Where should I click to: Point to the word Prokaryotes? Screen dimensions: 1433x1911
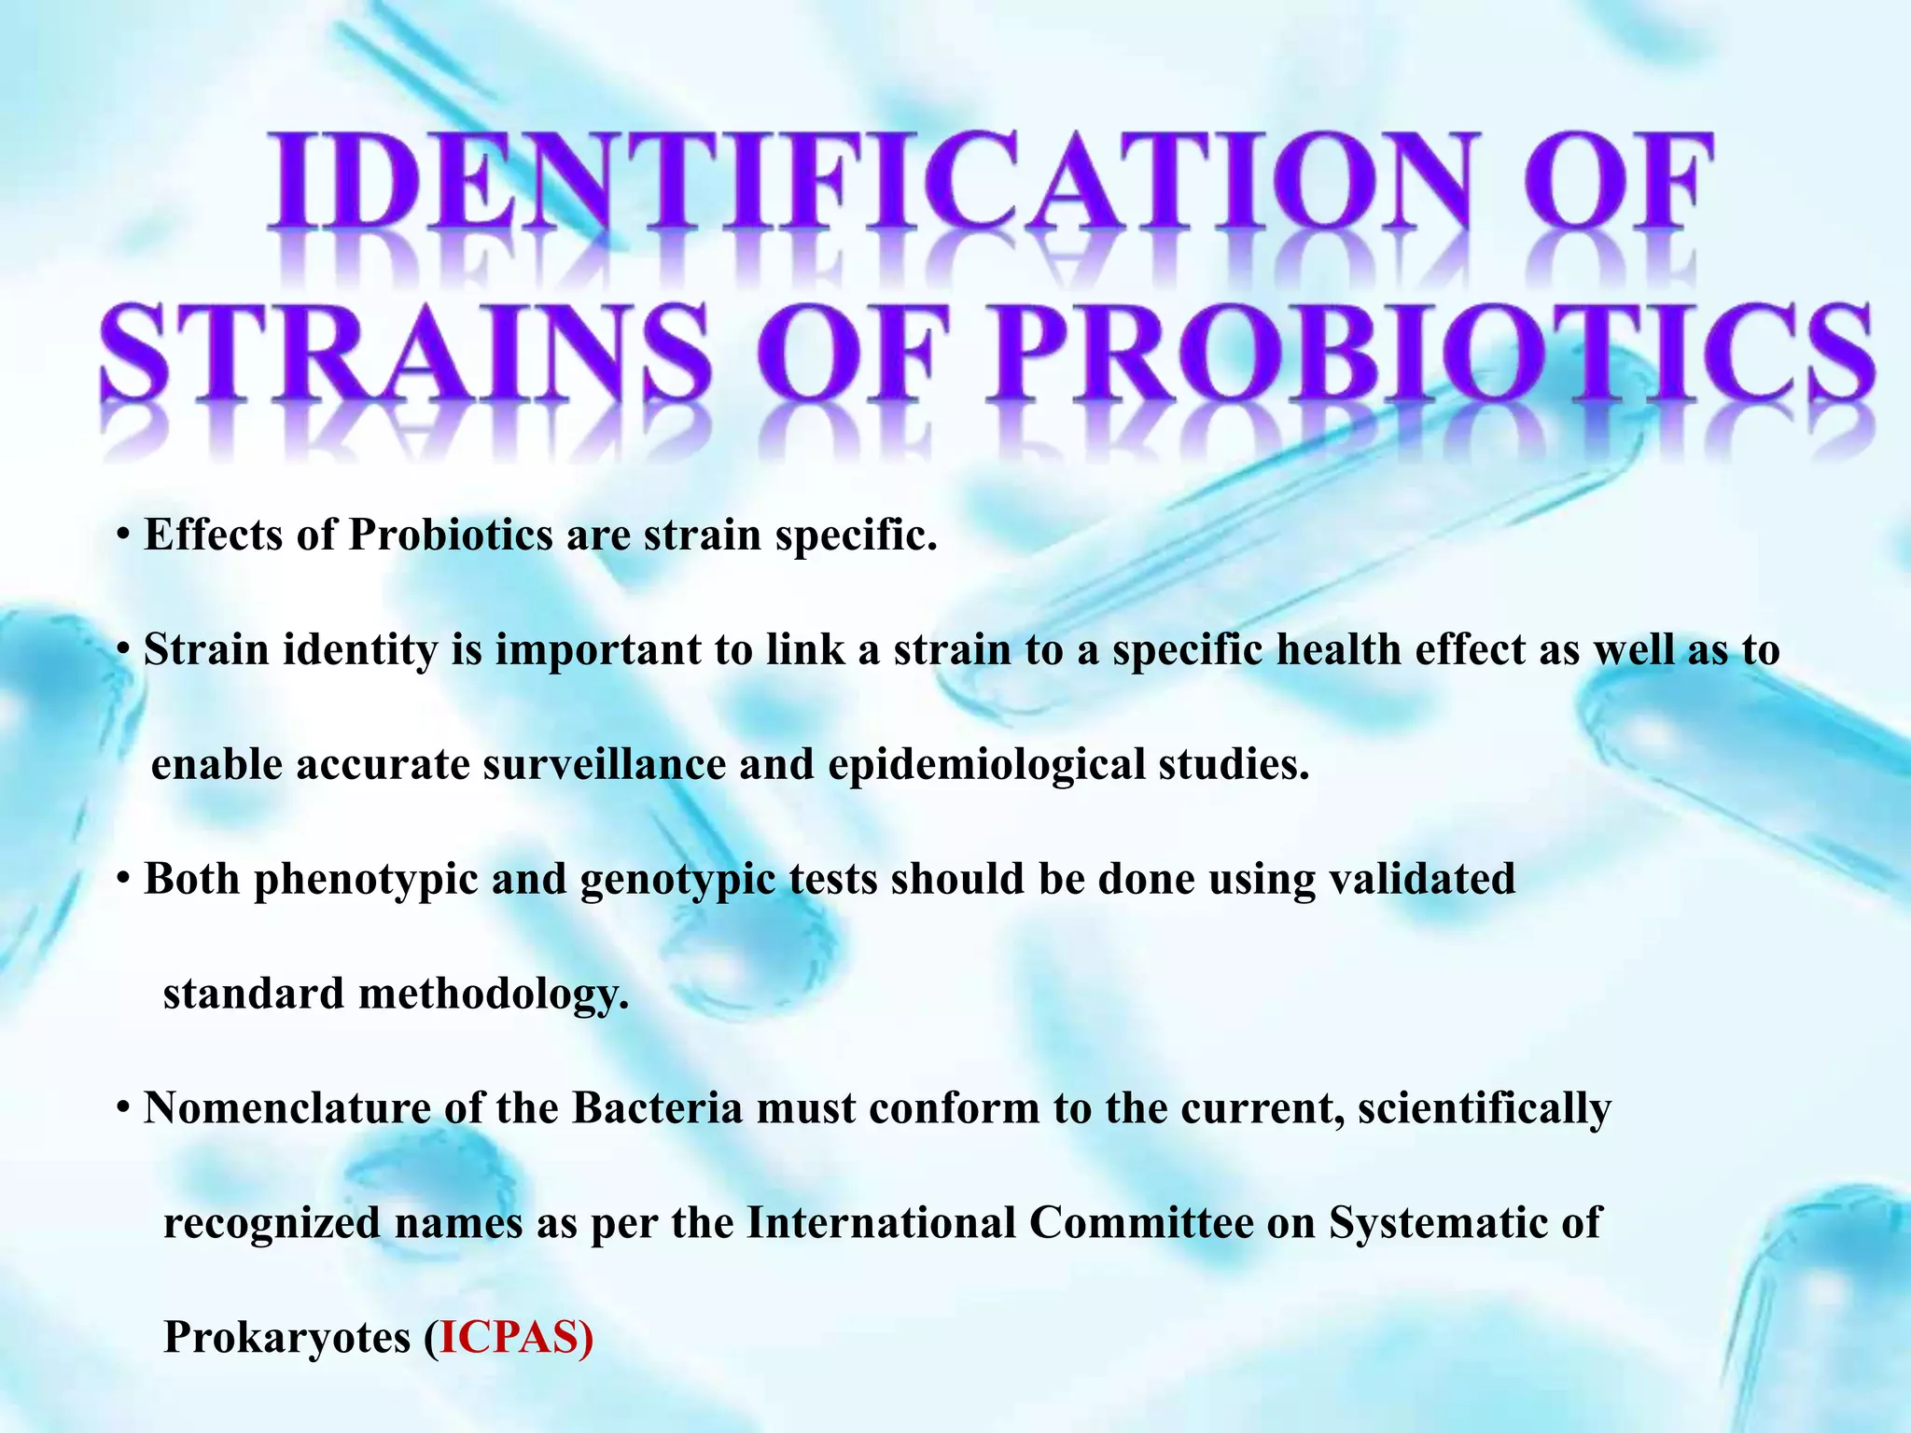coord(287,1339)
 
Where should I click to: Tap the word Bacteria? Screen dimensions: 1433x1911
coord(657,1108)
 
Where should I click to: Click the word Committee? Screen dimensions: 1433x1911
coord(1141,1223)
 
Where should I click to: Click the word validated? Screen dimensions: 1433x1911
coord(1422,879)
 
